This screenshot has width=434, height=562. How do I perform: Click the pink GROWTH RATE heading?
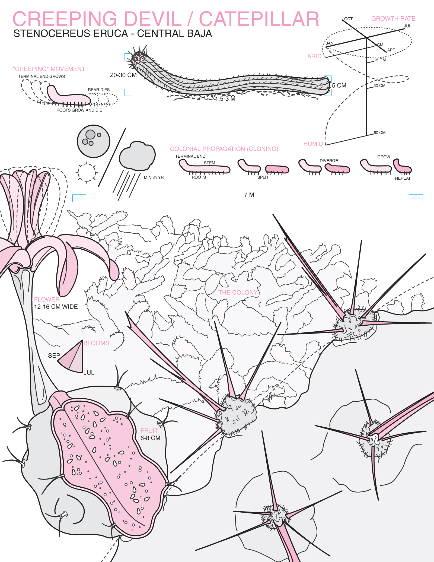pyautogui.click(x=393, y=18)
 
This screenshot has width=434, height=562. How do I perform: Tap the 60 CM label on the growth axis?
pyautogui.click(x=379, y=133)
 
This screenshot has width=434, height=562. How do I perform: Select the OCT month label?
pyautogui.click(x=348, y=19)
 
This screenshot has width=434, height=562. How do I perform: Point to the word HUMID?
pyautogui.click(x=313, y=144)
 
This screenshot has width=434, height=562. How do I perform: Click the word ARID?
pyautogui.click(x=314, y=56)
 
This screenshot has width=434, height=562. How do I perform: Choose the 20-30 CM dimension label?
pyautogui.click(x=123, y=75)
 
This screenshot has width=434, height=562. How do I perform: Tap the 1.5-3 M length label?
pyautogui.click(x=225, y=99)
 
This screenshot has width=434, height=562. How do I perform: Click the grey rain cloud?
pyautogui.click(x=137, y=156)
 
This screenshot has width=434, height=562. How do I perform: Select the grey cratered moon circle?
pyautogui.click(x=94, y=141)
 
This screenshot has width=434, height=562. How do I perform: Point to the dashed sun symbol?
pyautogui.click(x=87, y=172)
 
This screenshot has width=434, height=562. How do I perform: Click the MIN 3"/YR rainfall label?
pyautogui.click(x=154, y=177)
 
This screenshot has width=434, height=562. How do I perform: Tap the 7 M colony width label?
pyautogui.click(x=249, y=195)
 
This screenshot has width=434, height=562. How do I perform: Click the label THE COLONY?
pyautogui.click(x=238, y=293)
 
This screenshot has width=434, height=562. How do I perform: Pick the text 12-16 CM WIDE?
pyautogui.click(x=56, y=307)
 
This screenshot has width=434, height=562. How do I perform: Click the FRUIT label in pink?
pyautogui.click(x=149, y=431)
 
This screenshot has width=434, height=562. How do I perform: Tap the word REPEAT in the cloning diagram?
pyautogui.click(x=403, y=178)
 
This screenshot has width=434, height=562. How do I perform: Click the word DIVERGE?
pyautogui.click(x=329, y=161)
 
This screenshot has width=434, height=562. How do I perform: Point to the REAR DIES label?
pyautogui.click(x=99, y=90)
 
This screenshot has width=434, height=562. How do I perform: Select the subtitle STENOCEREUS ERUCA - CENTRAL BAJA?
pyautogui.click(x=113, y=33)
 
